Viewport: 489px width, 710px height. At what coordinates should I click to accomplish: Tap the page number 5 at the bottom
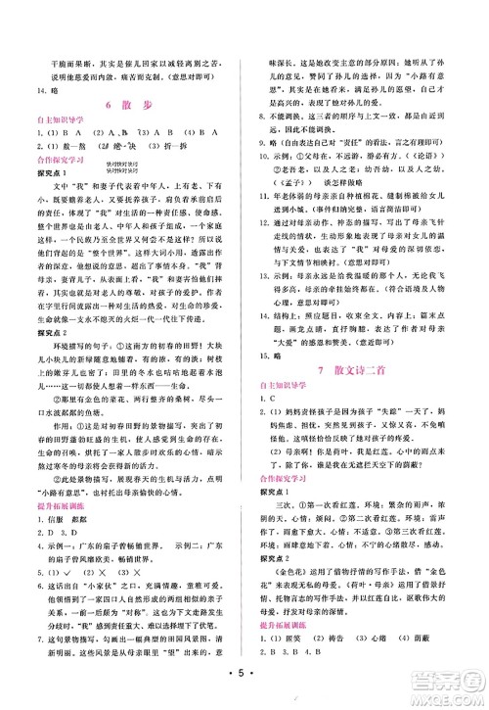244,676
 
